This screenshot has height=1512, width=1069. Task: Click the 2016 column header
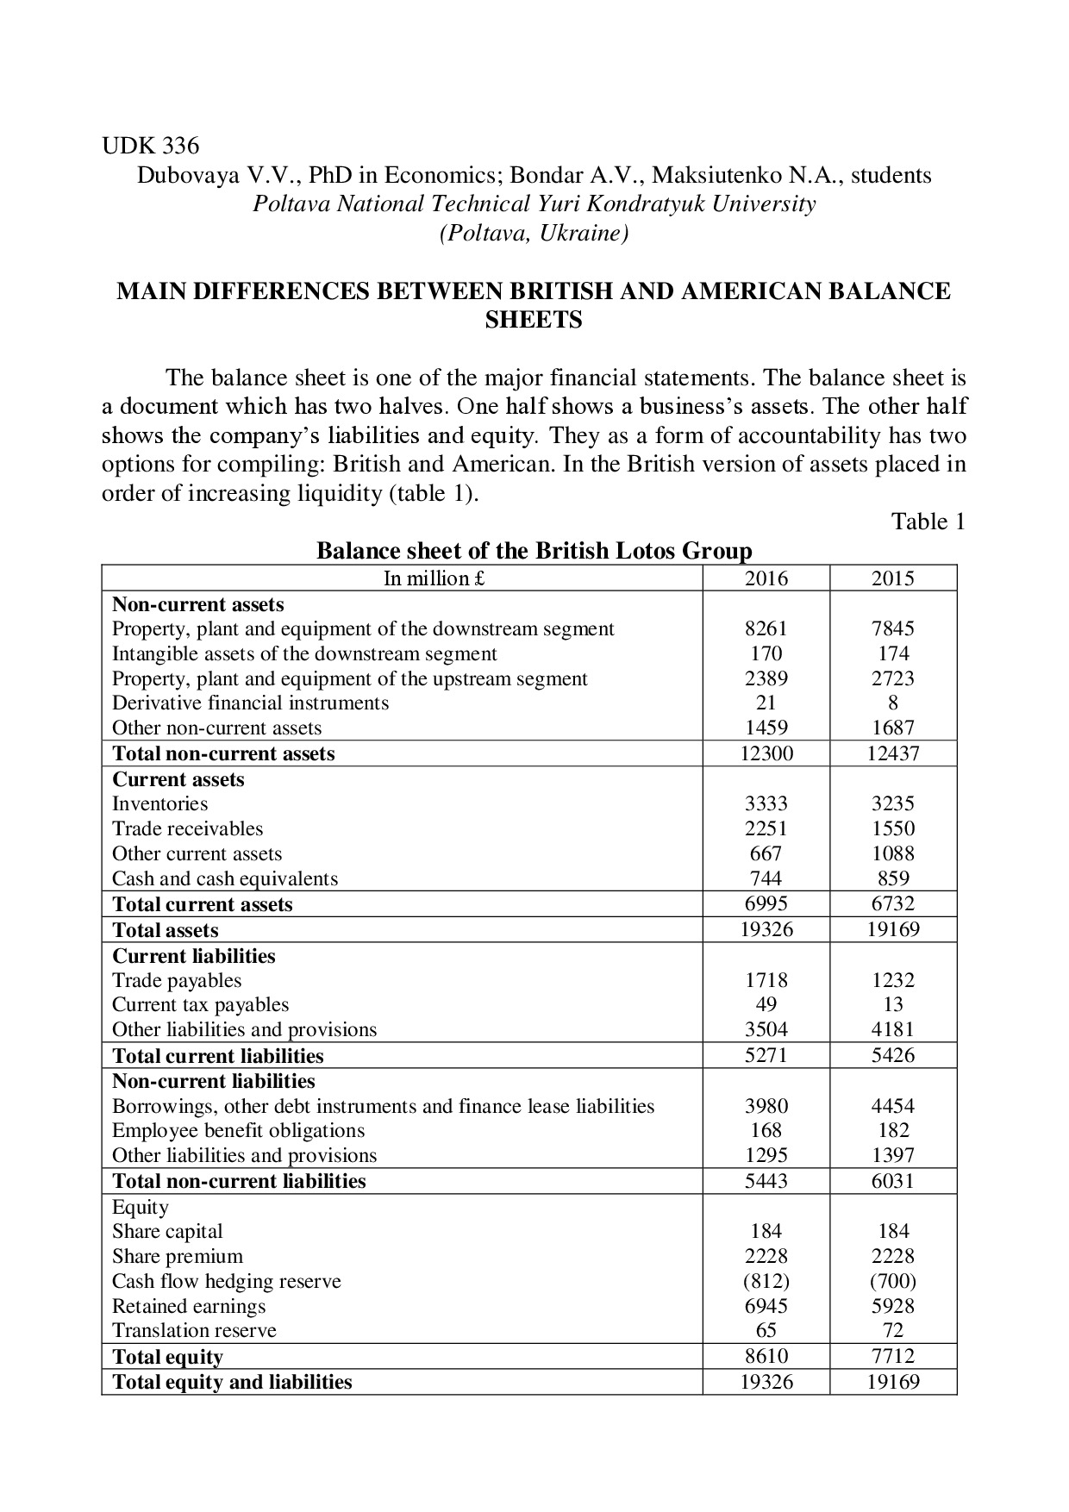click(x=766, y=578)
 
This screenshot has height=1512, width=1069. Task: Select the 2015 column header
click(x=892, y=578)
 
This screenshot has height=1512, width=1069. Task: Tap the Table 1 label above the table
click(x=928, y=522)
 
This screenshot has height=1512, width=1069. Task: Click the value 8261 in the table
click(x=766, y=628)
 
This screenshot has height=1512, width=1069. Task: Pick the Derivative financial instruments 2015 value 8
click(x=893, y=703)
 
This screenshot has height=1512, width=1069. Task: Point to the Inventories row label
click(x=160, y=803)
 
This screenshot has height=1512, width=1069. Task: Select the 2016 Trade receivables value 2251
click(x=766, y=828)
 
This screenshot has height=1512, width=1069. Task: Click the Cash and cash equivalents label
click(x=225, y=878)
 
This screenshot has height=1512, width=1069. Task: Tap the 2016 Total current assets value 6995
click(x=766, y=903)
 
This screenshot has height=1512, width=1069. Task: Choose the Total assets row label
click(x=166, y=930)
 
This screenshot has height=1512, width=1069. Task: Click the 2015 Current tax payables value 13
click(x=893, y=1004)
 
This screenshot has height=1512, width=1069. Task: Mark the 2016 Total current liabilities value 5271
click(x=766, y=1055)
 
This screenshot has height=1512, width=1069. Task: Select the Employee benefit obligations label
click(x=239, y=1130)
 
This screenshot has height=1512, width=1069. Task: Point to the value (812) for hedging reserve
click(x=766, y=1281)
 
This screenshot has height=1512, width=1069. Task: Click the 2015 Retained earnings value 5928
click(x=892, y=1306)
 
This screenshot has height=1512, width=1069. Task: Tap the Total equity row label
click(x=168, y=1357)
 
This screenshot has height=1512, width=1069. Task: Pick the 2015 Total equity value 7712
click(x=892, y=1356)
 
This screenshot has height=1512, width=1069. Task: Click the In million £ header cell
click(x=434, y=578)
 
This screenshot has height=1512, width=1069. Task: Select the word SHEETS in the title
click(x=534, y=320)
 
